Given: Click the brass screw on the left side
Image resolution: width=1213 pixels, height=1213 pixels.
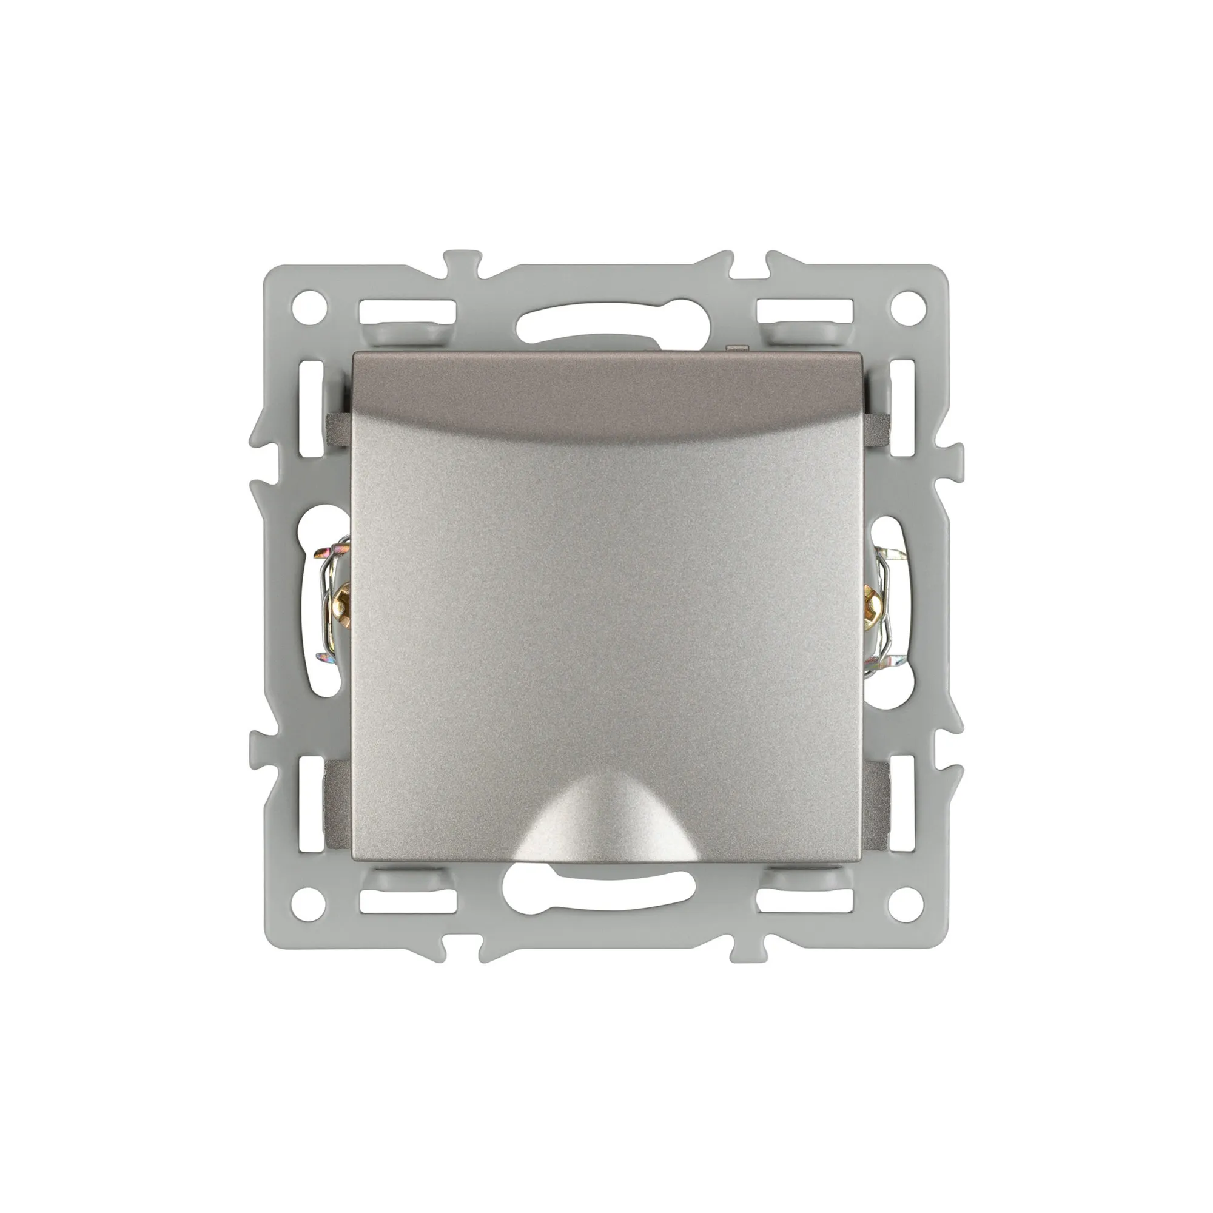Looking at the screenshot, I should click(342, 591).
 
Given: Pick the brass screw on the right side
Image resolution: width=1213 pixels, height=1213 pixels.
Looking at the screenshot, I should click(872, 591).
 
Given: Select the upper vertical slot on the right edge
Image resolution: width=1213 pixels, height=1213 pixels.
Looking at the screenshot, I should click(904, 407).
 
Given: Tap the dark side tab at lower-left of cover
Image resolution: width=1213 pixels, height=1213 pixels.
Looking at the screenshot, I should click(337, 804).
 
